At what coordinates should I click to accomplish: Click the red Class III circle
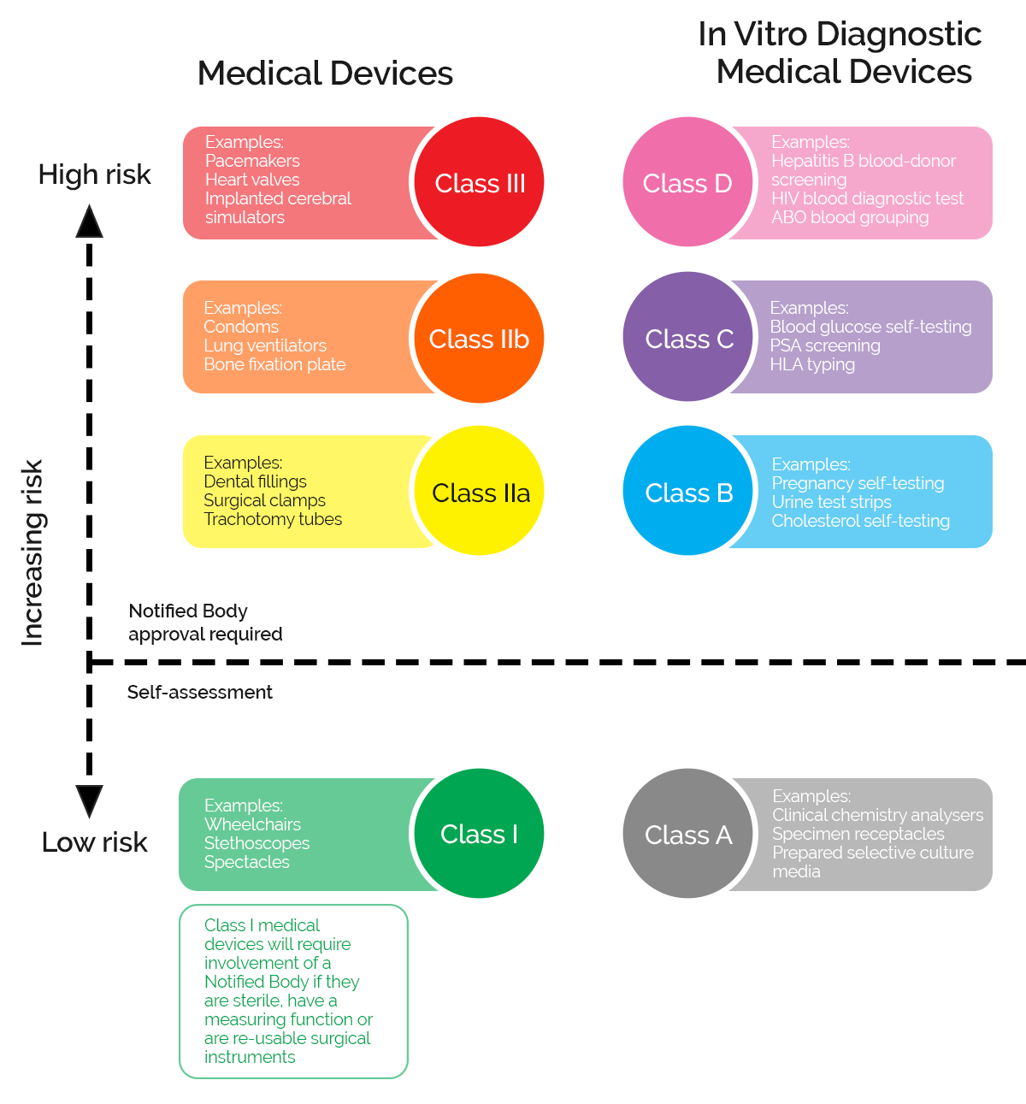tap(479, 182)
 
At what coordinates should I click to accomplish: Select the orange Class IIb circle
tap(479, 338)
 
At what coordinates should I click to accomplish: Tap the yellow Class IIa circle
tap(480, 491)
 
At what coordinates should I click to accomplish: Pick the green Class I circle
tap(479, 833)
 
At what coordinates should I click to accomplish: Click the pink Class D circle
tap(687, 182)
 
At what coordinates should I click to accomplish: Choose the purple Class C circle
tap(688, 337)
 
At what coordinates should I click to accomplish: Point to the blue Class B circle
tap(688, 491)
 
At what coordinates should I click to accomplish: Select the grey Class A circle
tap(688, 834)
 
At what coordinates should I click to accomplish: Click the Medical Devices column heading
tap(325, 74)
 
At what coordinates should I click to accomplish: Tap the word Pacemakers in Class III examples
tap(252, 161)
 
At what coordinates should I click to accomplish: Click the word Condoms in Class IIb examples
tap(241, 327)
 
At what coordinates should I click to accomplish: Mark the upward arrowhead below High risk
tap(89, 221)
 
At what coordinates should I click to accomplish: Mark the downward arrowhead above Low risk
tap(89, 800)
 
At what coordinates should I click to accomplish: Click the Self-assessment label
tap(199, 693)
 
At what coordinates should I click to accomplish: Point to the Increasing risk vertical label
tap(32, 552)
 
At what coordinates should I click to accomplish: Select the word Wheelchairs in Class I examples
tap(252, 824)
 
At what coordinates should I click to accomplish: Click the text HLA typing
tap(812, 364)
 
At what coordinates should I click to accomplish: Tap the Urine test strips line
tap(831, 502)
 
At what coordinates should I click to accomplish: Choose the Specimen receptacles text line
tap(858, 834)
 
